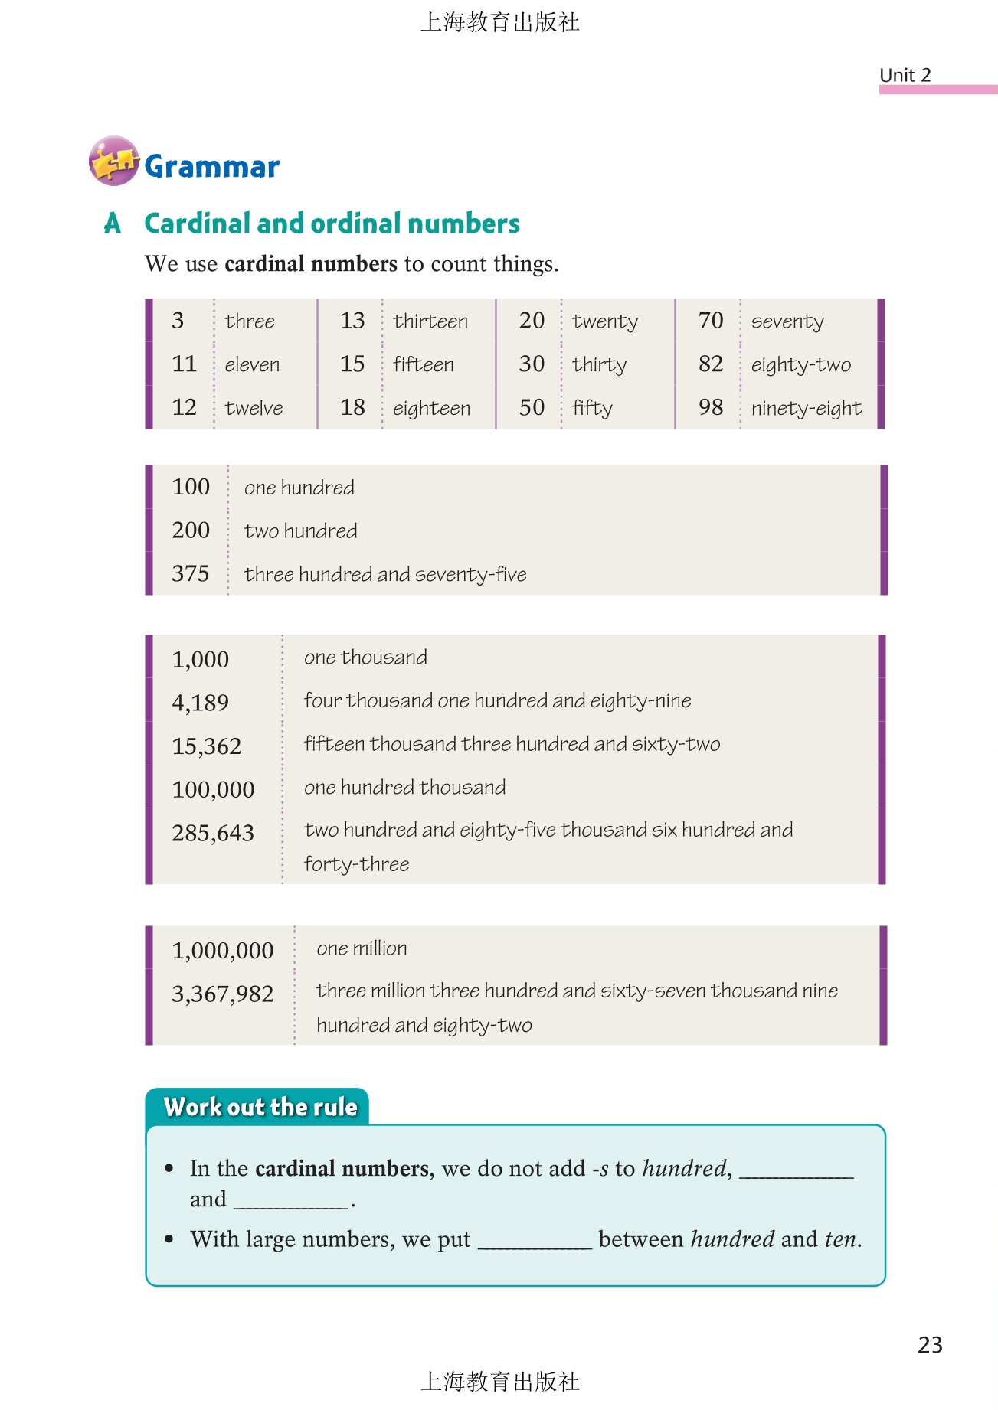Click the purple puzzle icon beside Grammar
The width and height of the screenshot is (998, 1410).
[113, 161]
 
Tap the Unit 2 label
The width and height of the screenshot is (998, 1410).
[905, 75]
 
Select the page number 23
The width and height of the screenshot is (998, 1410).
[930, 1345]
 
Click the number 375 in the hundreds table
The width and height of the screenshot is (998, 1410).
[191, 573]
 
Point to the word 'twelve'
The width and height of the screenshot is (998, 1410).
[254, 408]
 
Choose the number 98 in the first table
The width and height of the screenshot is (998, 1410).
[711, 407]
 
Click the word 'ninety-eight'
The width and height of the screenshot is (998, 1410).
[806, 409]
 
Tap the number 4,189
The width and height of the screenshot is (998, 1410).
[200, 702]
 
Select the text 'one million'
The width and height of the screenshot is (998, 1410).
[362, 948]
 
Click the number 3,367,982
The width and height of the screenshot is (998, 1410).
[222, 994]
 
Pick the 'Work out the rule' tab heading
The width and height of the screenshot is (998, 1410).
[260, 1107]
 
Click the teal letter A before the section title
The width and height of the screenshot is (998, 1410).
[113, 224]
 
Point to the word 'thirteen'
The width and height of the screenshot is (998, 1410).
[430, 321]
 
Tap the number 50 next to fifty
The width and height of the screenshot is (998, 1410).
[532, 407]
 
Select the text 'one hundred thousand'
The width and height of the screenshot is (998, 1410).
[404, 787]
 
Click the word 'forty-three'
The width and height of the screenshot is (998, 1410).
[356, 864]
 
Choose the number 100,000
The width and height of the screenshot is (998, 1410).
[213, 789]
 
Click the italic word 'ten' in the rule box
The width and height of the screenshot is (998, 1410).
[840, 1239]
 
